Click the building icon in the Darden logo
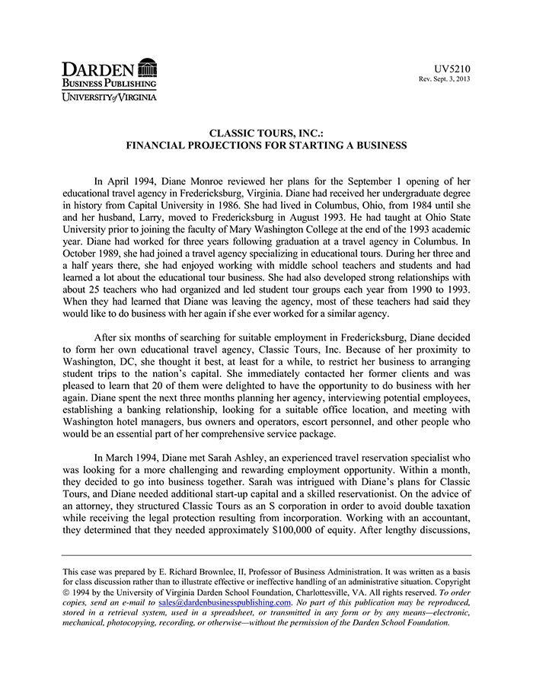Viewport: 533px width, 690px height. click(148, 67)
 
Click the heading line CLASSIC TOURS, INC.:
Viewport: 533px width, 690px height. click(266, 133)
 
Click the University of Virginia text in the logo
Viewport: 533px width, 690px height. click(110, 97)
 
